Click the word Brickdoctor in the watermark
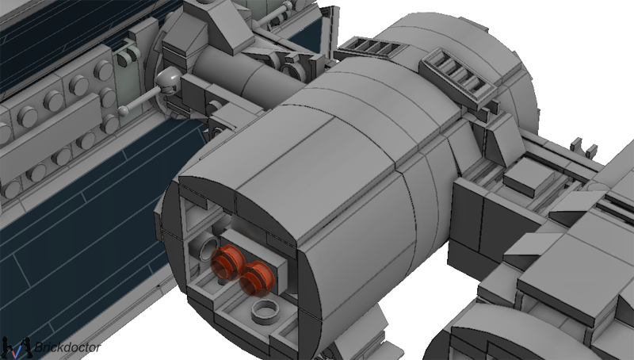point(67,347)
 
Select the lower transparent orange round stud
point(257,278)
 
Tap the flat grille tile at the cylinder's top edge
point(371,48)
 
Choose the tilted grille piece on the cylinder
point(459,75)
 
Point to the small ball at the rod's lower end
point(124,110)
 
